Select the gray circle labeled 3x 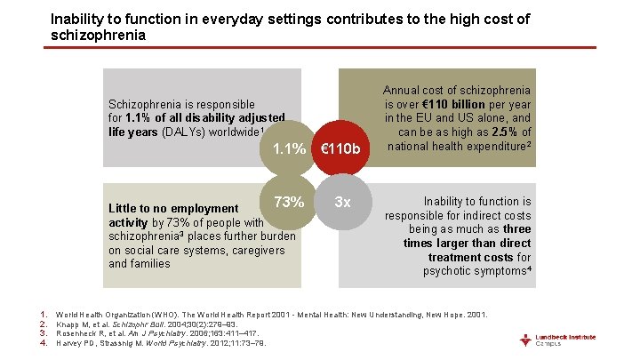[x=341, y=202]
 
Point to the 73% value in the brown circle [x=289, y=201]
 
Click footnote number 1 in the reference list [x=44, y=315]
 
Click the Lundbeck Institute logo [x=569, y=340]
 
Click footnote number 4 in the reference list [x=44, y=344]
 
